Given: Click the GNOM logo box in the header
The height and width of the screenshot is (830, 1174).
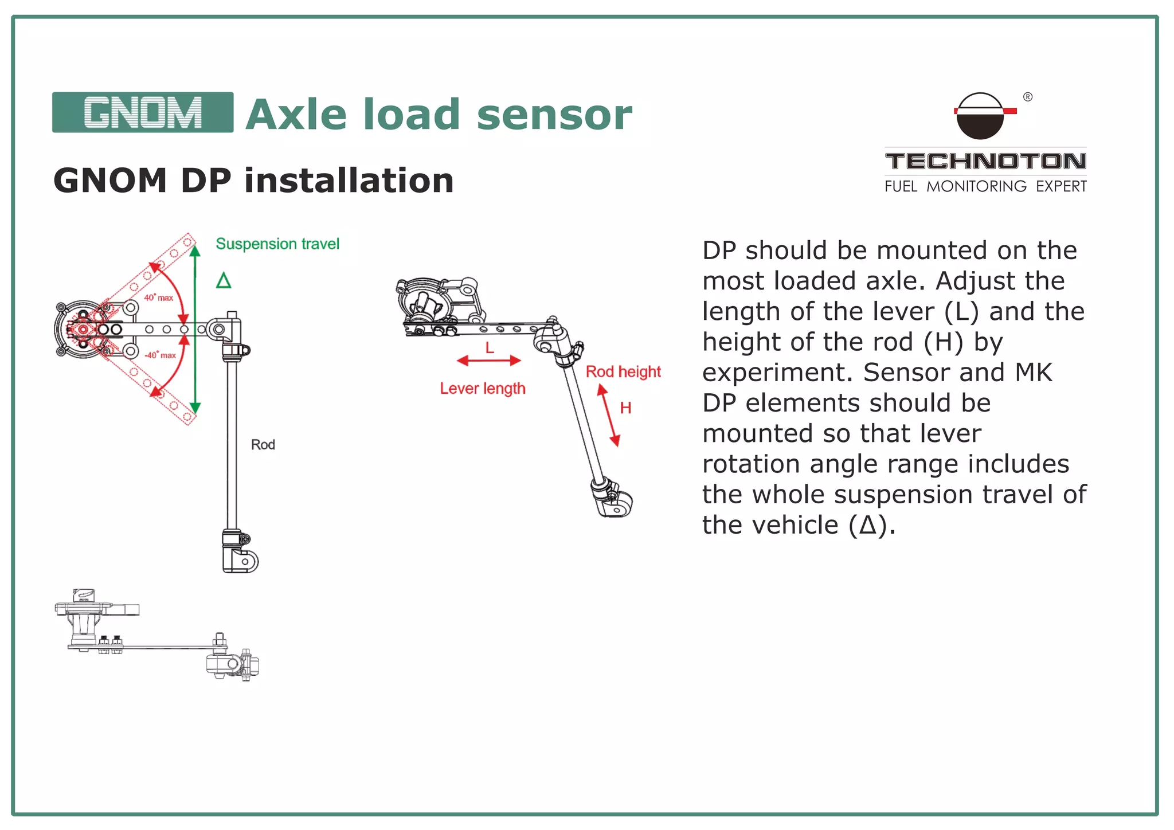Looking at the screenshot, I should coord(142,112).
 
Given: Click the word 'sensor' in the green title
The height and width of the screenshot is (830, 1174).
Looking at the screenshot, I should coord(554,115).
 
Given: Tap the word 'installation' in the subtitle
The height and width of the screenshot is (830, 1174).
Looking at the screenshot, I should coord(349,181).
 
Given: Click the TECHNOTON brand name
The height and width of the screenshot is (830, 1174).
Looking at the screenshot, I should coord(985,161).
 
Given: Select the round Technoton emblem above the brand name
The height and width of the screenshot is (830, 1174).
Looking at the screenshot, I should coord(980,116).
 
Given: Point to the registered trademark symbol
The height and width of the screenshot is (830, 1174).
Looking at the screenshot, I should coord(1028,97).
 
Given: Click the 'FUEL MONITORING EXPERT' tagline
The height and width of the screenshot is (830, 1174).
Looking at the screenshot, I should coord(985,186).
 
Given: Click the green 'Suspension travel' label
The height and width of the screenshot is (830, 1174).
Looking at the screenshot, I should coord(277,244).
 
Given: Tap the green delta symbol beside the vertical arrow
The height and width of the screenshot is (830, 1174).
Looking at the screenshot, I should coord(224,281).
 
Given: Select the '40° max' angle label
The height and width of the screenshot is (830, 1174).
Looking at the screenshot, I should coord(158,297).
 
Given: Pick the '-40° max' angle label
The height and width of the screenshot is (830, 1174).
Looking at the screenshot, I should coord(160,355).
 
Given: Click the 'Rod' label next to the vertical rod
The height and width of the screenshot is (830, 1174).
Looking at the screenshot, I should coord(263,445).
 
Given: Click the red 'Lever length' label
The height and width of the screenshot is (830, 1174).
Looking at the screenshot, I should coord(482,389).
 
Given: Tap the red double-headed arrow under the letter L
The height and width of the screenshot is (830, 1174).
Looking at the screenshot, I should coord(488,361).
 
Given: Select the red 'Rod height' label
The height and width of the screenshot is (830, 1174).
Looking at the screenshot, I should coord(623,372).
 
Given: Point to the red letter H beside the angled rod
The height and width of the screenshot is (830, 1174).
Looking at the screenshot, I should coord(625,408).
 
